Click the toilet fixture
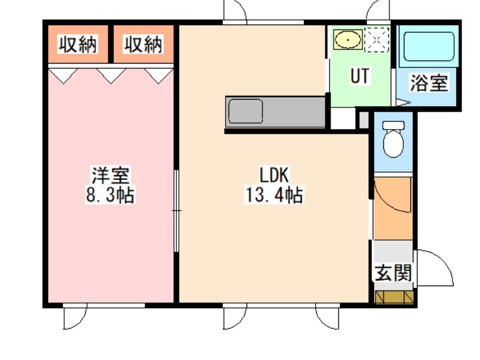click(394, 139)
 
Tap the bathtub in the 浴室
click(428, 47)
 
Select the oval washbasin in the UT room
click(348, 39)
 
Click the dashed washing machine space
click(377, 40)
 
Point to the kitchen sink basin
click(245, 111)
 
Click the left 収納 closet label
click(78, 44)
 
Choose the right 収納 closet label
click(143, 44)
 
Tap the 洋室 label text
click(110, 175)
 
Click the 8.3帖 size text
click(110, 194)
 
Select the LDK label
click(274, 175)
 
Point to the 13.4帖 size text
click(274, 194)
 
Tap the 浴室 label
click(429, 83)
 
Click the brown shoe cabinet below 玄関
click(394, 297)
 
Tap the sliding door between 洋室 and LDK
click(176, 211)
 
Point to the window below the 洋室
click(104, 305)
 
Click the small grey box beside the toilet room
click(364, 120)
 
